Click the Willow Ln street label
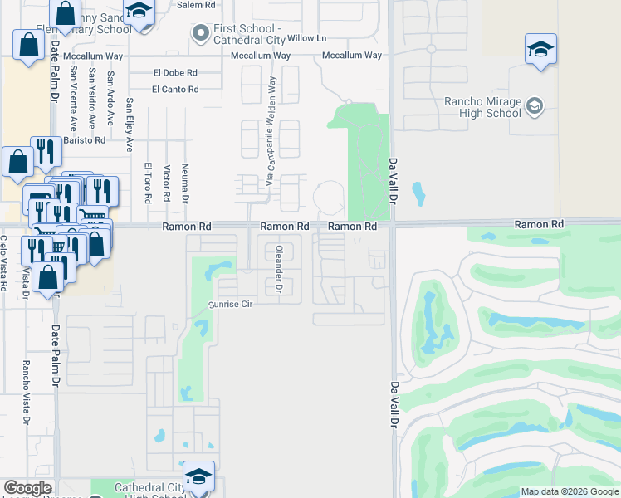307,38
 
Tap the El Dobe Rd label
175,72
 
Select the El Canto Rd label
175,89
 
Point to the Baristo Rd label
87,140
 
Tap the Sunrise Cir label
229,305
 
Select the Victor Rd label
167,183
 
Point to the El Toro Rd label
147,183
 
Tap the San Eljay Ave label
130,125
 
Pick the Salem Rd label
196,4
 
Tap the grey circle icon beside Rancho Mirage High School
535,105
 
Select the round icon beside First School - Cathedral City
199,34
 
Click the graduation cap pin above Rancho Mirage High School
540,49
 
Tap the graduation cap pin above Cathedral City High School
198,476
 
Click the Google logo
27,488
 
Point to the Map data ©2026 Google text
570,491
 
